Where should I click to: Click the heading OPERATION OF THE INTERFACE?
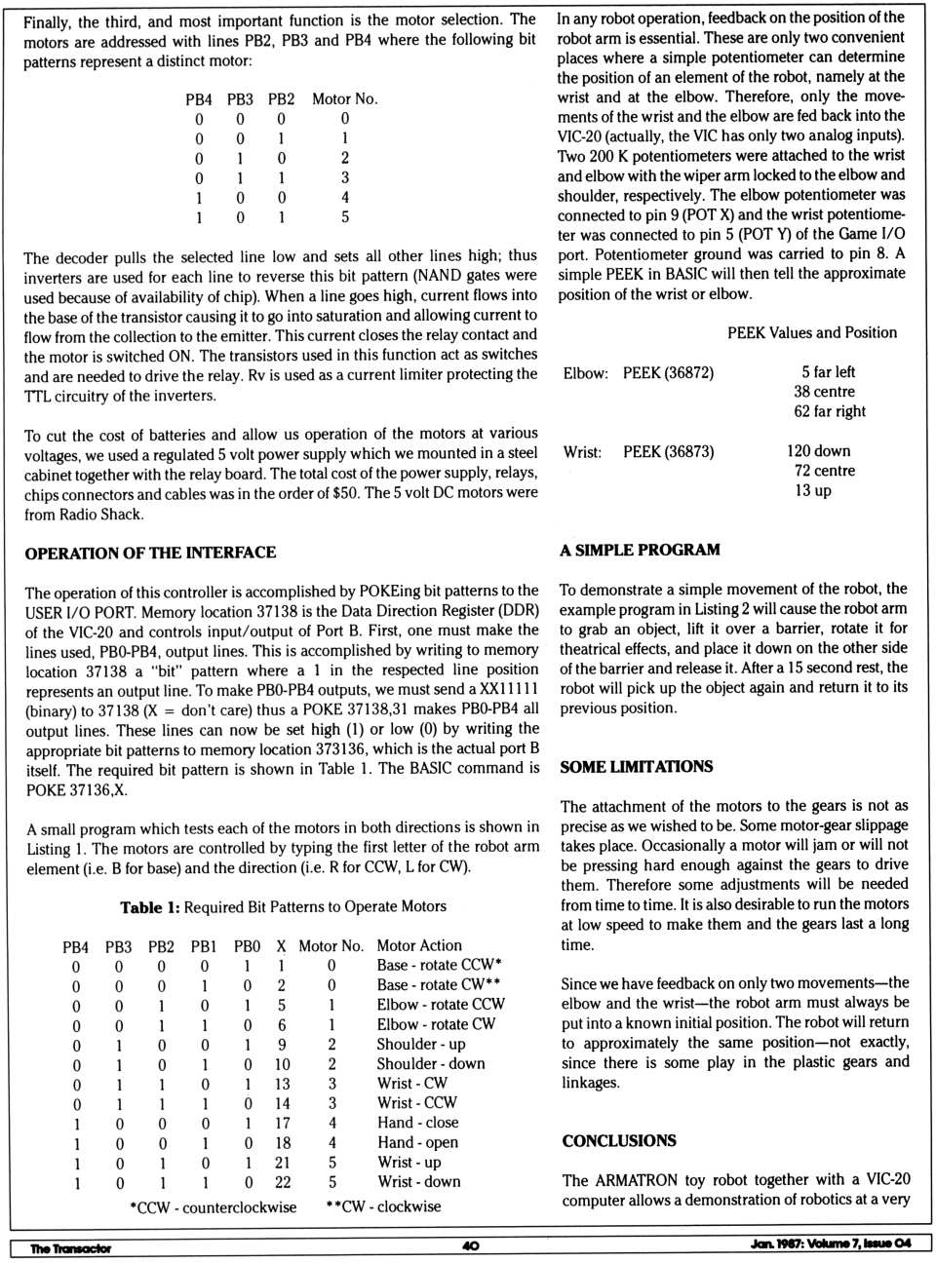[x=150, y=553]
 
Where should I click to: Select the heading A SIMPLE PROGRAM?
[x=640, y=550]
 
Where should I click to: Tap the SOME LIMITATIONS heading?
[x=636, y=766]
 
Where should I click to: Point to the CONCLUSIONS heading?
[x=619, y=1140]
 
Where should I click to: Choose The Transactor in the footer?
[x=70, y=1247]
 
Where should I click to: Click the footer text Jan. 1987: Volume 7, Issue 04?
[x=831, y=1244]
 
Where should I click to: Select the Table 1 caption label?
[x=149, y=907]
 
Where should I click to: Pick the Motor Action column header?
[x=419, y=945]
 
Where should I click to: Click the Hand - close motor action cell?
[x=418, y=1123]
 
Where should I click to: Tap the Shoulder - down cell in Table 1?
[x=431, y=1063]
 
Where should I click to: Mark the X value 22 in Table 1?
[x=282, y=1182]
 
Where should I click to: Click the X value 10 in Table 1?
[x=282, y=1064]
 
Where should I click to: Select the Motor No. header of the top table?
[x=344, y=98]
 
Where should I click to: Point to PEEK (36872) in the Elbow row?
[x=668, y=372]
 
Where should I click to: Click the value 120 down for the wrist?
[x=818, y=451]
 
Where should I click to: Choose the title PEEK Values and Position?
[x=811, y=332]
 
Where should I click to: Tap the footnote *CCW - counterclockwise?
[x=213, y=1206]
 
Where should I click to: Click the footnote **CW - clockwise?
[x=383, y=1206]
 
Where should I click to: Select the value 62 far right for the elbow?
[x=829, y=411]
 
